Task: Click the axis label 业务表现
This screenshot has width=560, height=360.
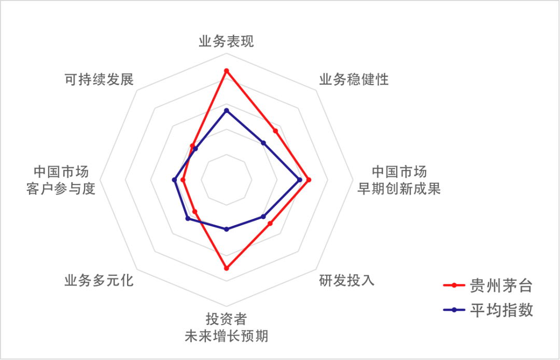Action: coord(226,41)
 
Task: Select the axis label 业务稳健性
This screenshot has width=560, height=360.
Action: coord(354,79)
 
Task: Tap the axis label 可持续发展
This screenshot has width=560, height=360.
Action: coord(99,79)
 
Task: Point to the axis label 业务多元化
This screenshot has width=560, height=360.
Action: coord(99,280)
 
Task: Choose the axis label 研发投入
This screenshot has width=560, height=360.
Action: coord(347,280)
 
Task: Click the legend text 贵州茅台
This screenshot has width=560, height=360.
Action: coord(501,286)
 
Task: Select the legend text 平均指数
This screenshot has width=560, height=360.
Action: coord(501,310)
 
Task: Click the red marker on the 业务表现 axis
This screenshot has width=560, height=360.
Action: coord(226,71)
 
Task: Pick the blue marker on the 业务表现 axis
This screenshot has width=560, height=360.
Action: coord(226,110)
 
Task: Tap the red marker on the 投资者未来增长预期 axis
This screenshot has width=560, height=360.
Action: coord(226,268)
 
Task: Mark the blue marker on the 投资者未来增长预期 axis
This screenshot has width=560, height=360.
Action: coord(226,229)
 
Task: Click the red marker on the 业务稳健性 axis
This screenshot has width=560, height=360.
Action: coord(275,131)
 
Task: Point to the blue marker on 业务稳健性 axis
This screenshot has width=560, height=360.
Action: coord(263,143)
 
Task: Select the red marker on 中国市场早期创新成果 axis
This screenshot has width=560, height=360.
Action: coord(309,180)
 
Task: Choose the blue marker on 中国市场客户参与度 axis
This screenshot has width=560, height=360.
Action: coord(175,179)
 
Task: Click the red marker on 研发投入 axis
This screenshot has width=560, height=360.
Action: coord(270,224)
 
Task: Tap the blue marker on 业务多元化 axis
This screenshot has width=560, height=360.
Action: coord(188,218)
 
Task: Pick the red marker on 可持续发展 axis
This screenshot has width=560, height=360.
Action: coord(192,146)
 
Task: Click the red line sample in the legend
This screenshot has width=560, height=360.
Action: coord(454,285)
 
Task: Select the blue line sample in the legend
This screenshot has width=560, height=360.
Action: coord(454,310)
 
